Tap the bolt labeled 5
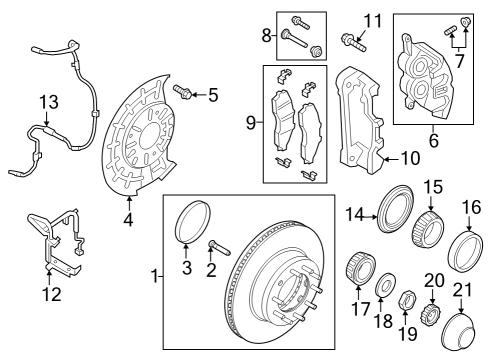[x=183, y=92]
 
